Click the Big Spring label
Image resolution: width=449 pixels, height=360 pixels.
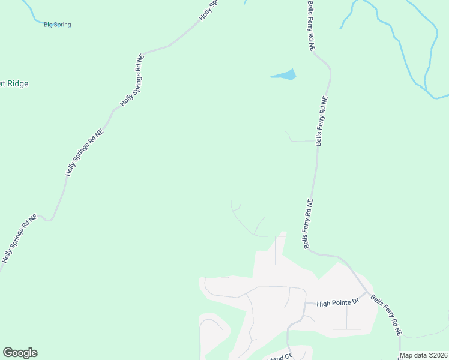coord(58,25)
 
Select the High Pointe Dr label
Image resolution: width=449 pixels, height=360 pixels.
coord(337,302)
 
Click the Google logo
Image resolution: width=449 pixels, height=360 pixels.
coord(20,353)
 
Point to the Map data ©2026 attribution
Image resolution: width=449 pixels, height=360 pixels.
coord(424,355)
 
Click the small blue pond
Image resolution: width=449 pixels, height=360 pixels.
coord(285,76)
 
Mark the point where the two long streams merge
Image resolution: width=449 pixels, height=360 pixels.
coord(427,91)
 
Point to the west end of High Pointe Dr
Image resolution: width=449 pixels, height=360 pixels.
coord(305,303)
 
